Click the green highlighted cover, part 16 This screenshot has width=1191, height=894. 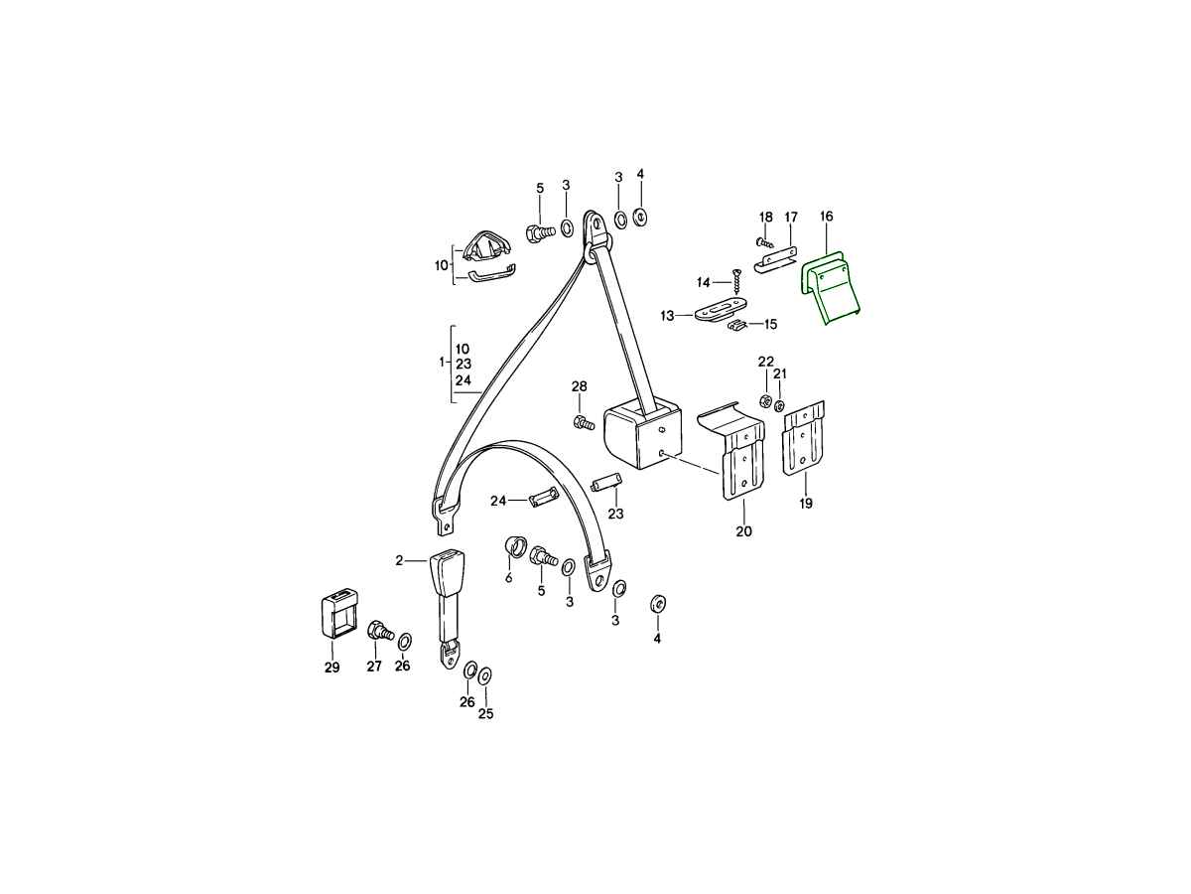click(830, 287)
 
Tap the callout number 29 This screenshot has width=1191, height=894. click(332, 668)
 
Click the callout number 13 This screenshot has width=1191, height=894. click(667, 315)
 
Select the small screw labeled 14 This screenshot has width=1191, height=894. click(736, 282)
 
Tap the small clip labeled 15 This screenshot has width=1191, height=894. click(737, 325)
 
